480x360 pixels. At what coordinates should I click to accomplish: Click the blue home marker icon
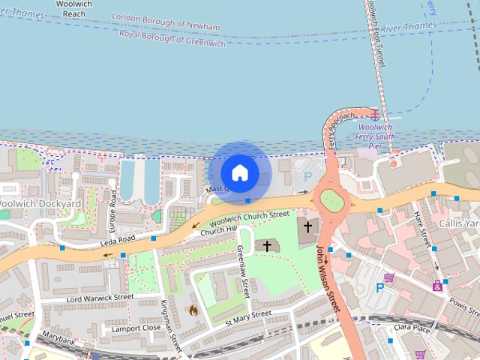click(239, 173)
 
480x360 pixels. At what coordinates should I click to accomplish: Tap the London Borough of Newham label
click(166, 22)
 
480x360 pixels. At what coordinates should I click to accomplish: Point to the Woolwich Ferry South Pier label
click(376, 137)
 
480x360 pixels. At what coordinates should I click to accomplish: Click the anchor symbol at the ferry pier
click(374, 115)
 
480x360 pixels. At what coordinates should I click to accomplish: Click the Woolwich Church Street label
click(250, 219)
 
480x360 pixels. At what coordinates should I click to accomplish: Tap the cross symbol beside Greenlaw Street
click(267, 245)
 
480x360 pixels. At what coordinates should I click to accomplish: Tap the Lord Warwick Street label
click(99, 297)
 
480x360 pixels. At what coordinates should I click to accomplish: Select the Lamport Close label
click(136, 328)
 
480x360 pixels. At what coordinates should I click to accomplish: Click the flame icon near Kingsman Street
click(193, 309)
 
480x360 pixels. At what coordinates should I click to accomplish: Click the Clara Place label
click(412, 328)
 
